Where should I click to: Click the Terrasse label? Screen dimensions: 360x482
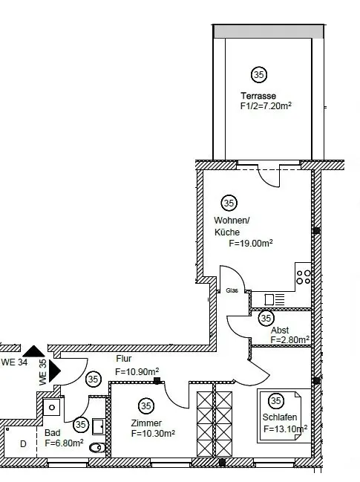click(x=258, y=96)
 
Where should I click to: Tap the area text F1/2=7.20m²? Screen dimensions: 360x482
click(x=266, y=106)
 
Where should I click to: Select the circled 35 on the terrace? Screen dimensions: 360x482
click(x=259, y=75)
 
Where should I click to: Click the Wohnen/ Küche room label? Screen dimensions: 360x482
click(x=232, y=226)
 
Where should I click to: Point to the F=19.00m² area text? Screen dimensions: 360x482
click(x=251, y=243)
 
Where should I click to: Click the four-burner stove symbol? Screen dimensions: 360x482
click(x=303, y=277)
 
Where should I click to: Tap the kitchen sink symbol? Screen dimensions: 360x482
click(x=275, y=299)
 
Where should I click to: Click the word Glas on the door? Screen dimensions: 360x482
click(x=232, y=290)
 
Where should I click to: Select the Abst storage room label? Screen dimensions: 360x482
click(x=280, y=330)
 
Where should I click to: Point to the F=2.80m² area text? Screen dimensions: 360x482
click(x=290, y=339)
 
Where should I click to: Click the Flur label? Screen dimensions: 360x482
click(x=124, y=359)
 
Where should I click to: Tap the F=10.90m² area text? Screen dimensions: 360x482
click(x=137, y=371)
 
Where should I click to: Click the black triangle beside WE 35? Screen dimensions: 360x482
click(x=54, y=371)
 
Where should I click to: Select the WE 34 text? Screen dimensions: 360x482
click(x=14, y=362)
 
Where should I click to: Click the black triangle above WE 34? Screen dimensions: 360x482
click(x=33, y=351)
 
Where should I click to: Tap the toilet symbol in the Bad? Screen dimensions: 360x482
click(x=96, y=448)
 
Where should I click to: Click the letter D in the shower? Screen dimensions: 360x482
click(x=23, y=444)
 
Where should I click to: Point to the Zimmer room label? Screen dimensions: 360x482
click(x=146, y=423)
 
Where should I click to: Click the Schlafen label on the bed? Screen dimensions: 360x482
click(x=280, y=417)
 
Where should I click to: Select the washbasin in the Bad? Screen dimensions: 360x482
click(x=52, y=407)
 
